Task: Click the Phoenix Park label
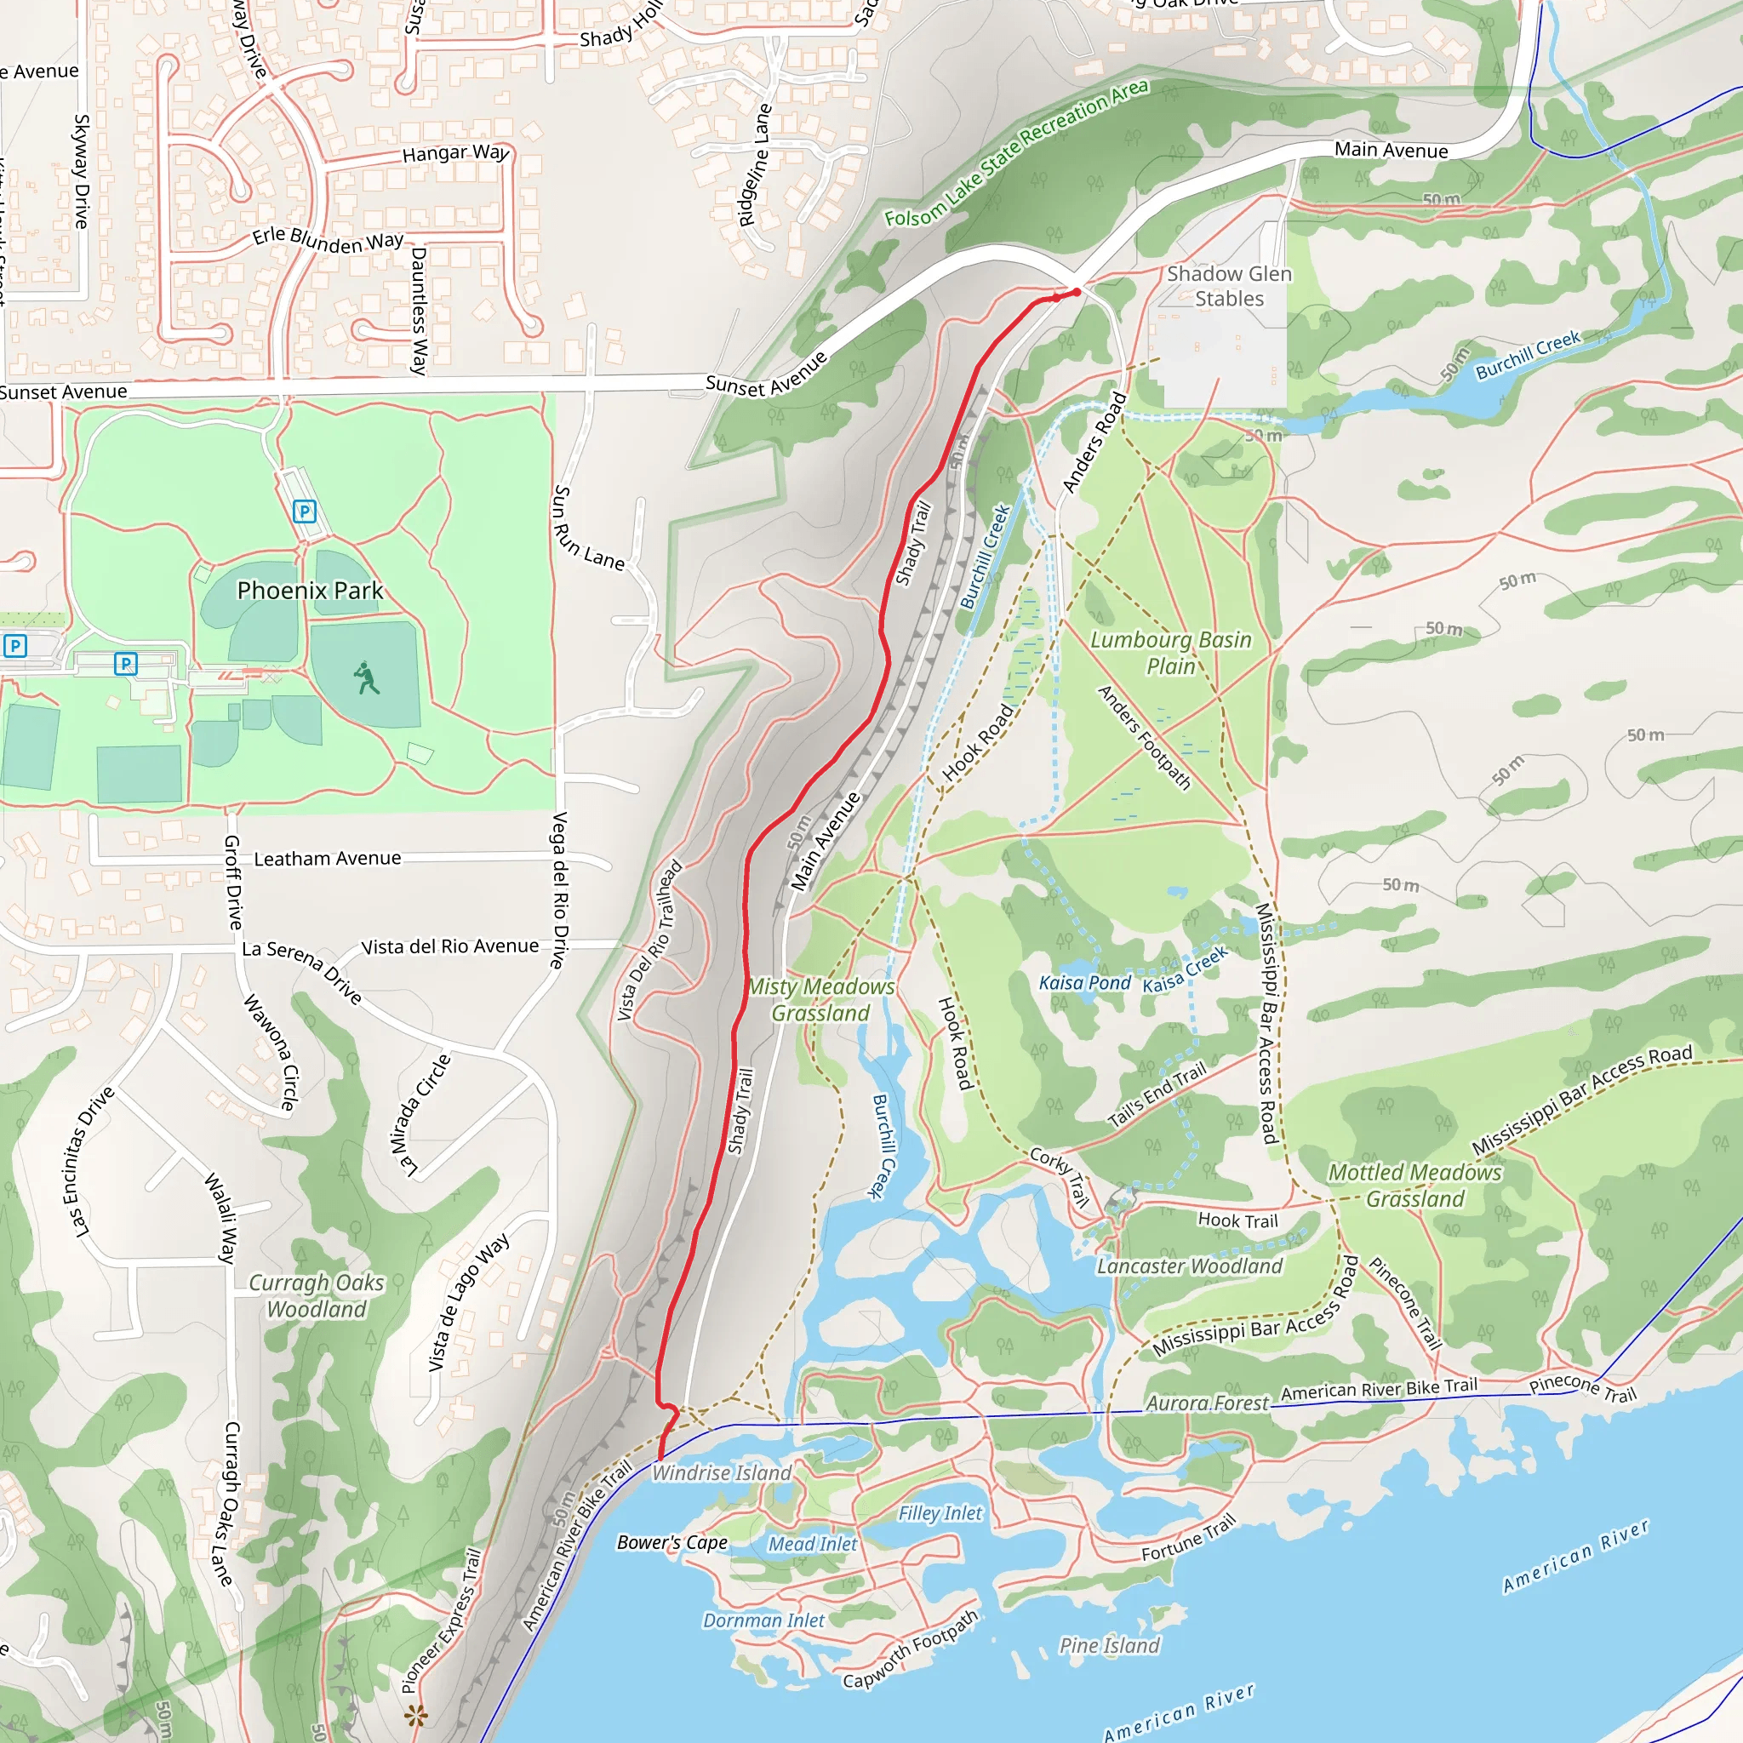point(310,590)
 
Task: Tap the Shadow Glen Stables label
point(1229,286)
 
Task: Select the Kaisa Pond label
point(1084,982)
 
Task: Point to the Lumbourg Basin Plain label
point(1171,652)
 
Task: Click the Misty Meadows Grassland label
point(821,1000)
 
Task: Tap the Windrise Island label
point(722,1472)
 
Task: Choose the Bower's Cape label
point(672,1543)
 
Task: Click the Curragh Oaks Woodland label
point(317,1295)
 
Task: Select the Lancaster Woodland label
point(1189,1266)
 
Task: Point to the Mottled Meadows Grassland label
point(1414,1186)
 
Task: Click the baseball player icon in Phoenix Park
point(365,678)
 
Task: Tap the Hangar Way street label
point(455,153)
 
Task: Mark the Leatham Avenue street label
point(328,859)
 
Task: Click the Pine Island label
point(1109,1646)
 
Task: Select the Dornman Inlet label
point(763,1620)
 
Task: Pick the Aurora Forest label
point(1207,1403)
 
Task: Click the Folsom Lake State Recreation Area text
point(1016,152)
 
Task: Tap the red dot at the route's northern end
point(1077,292)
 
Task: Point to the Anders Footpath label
point(1144,737)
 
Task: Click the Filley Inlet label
point(940,1513)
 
